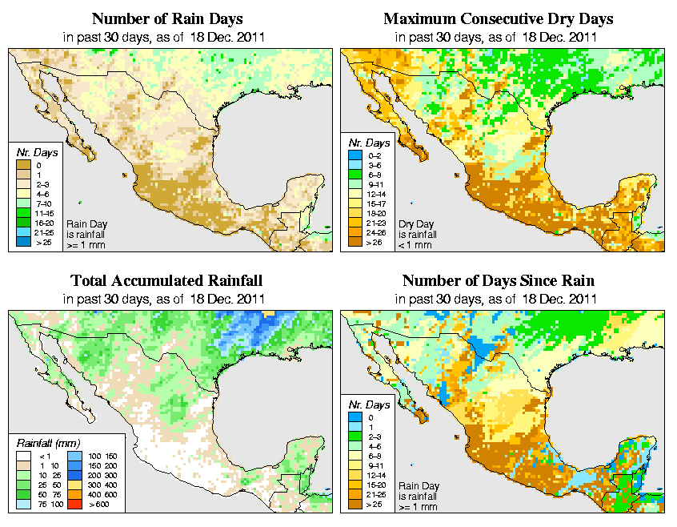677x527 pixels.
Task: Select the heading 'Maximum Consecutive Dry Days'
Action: click(499, 18)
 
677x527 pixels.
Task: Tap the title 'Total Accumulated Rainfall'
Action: click(166, 281)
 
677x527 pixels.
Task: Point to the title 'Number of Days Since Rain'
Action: click(499, 281)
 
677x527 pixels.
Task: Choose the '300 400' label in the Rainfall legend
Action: click(97, 485)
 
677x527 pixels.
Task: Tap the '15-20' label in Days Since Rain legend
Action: click(375, 485)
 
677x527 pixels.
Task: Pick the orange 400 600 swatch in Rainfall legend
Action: click(72, 494)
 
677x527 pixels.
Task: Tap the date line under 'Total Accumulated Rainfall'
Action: click(166, 299)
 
